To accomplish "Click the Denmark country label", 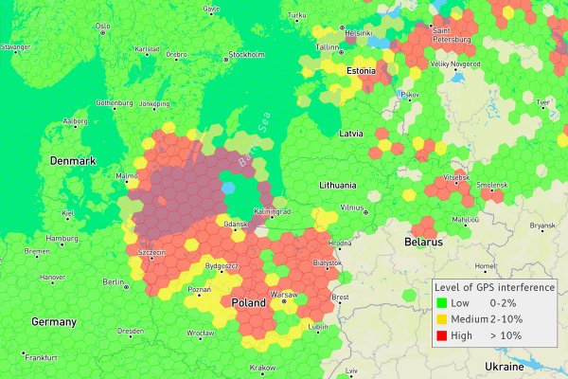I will click(74, 161).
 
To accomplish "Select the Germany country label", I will click(54, 321).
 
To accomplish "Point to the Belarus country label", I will click(423, 243).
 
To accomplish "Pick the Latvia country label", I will click(352, 135).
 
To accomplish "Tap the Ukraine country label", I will click(504, 366).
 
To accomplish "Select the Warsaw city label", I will click(284, 295).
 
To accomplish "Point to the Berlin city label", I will click(114, 282).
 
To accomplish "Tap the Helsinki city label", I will click(358, 32).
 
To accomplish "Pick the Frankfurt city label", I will click(42, 357).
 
